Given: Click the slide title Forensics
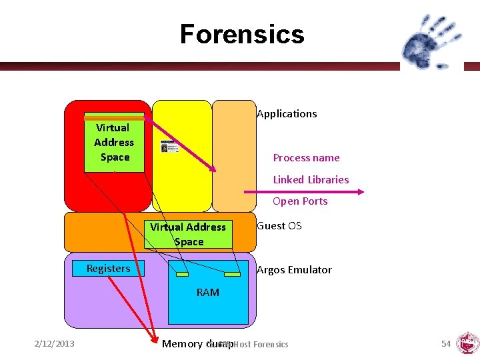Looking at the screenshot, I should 241,34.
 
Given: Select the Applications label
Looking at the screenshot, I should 287,114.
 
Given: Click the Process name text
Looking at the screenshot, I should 306,158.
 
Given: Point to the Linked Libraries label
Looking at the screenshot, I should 311,179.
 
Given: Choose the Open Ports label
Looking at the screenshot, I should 300,201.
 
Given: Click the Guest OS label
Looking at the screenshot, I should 279,226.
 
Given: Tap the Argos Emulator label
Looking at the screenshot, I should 294,269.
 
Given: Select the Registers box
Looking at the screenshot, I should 108,269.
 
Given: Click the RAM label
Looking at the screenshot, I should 207,292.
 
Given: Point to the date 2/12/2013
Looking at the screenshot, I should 55,343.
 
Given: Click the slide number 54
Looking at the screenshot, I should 446,343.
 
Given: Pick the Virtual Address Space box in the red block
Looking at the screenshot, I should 114,143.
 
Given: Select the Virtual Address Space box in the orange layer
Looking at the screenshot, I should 188,234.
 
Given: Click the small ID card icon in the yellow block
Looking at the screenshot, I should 169,147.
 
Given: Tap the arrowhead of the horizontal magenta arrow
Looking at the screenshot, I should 360,192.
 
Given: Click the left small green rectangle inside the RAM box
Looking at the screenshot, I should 181,273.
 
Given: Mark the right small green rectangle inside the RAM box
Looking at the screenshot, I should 232,273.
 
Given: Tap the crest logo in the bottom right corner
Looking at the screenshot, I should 467,344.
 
